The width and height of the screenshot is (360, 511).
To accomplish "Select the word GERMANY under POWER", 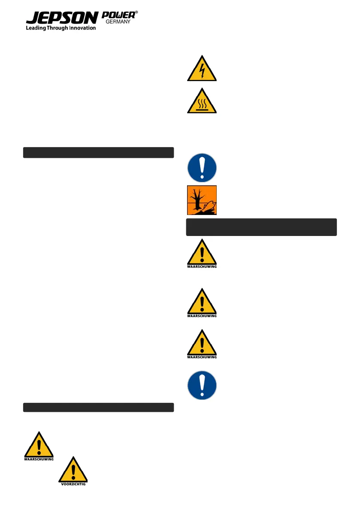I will point(118,22).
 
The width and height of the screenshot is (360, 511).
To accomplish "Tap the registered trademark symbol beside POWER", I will point(136,13).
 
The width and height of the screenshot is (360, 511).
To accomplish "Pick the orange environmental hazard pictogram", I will point(202,200).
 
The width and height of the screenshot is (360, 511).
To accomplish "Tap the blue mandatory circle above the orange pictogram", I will point(202,168).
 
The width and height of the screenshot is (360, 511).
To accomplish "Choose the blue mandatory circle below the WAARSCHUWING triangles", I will point(202,385).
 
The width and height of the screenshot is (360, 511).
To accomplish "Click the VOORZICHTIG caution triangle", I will point(73,470).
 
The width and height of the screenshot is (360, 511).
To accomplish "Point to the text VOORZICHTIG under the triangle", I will point(73,484).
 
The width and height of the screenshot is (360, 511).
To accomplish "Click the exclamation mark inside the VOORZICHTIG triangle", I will point(73,471).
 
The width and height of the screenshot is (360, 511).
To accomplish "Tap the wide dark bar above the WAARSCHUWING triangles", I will point(261,227).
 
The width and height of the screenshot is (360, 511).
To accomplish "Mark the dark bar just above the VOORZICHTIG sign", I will point(98,407).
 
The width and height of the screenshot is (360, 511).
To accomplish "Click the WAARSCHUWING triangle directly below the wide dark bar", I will point(202,253).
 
